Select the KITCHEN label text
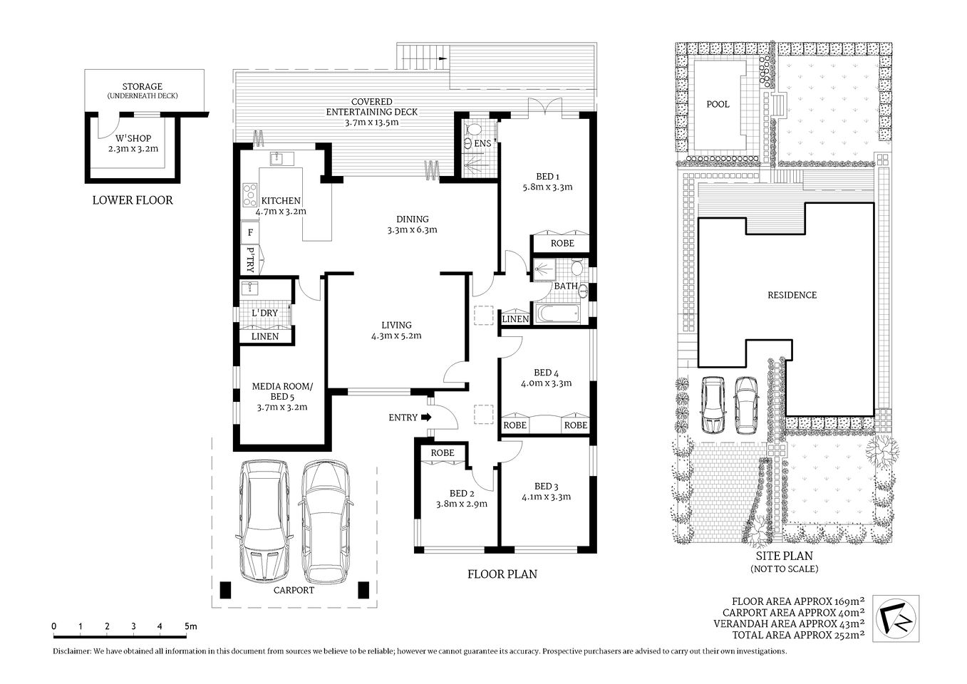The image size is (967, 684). pos(281,201)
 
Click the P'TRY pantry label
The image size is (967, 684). pos(250,260)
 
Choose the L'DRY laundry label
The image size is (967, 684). pos(264,313)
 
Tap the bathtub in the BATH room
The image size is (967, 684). pos(557,314)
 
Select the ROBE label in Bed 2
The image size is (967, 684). pos(443,452)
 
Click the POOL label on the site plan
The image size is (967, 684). pos(718,105)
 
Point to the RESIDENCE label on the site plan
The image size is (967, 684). pos(792,295)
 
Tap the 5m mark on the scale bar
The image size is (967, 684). pos(190,626)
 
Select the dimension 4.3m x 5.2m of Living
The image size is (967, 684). pos(396,336)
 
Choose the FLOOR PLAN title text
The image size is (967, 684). pos(502,574)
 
